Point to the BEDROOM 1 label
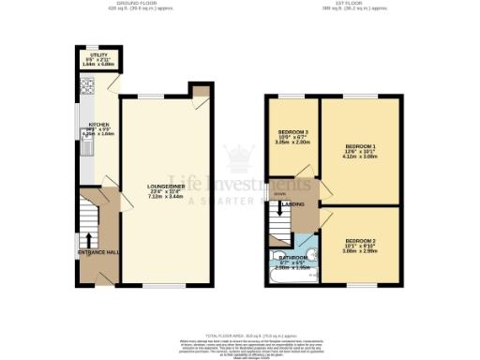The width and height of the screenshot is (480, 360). click(360, 147)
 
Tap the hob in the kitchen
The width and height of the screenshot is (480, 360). click(87, 90)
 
